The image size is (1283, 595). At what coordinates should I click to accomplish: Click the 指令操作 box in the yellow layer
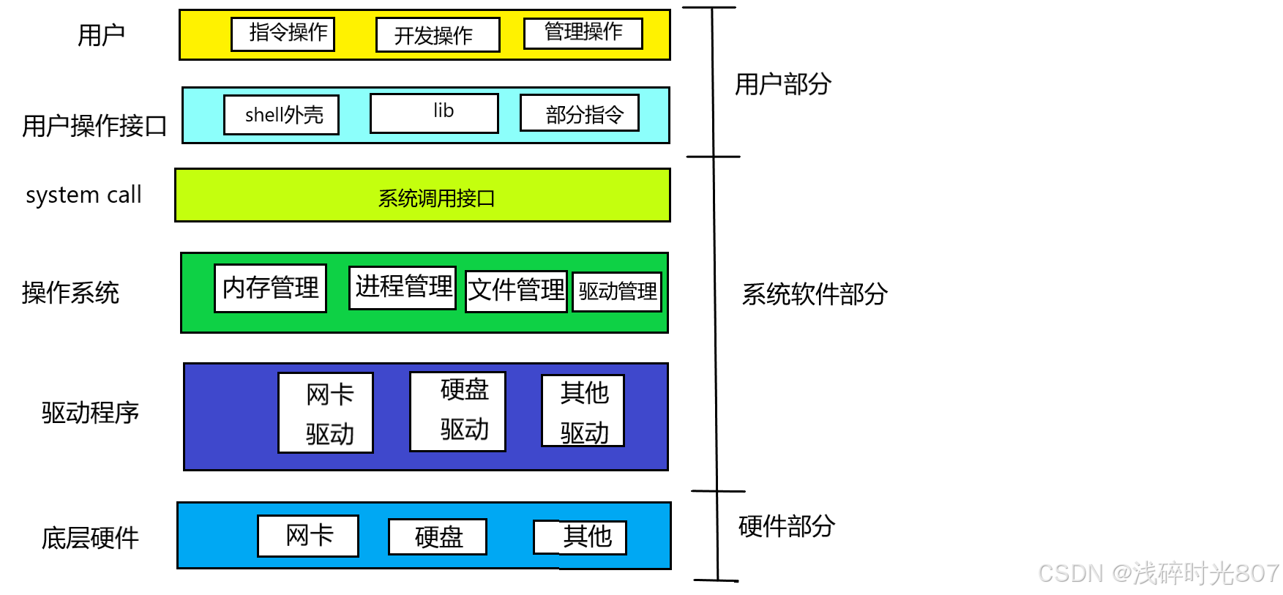283,34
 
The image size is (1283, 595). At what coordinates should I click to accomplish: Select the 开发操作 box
437,35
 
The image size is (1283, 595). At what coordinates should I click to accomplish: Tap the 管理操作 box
583,33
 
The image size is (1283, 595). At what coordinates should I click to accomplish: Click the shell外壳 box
281,115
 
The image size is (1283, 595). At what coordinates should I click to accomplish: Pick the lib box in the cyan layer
434,113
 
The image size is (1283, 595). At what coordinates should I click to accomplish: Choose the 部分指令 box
579,113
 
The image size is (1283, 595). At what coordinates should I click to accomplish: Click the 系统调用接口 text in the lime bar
436,198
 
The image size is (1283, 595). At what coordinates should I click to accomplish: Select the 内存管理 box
270,288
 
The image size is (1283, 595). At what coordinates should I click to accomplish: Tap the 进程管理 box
403,287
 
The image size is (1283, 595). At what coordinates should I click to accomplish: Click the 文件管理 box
516,291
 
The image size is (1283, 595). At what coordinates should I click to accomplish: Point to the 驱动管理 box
617,291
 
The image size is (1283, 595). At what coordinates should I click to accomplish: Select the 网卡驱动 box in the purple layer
326,413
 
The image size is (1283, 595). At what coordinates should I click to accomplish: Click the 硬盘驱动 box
457,411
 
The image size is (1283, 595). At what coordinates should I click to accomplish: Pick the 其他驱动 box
583,411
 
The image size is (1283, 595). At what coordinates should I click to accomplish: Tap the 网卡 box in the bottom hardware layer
308,536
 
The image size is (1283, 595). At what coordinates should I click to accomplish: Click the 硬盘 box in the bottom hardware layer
438,537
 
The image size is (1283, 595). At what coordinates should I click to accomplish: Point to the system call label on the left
83,195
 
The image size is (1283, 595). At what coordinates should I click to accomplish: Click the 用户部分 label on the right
782,84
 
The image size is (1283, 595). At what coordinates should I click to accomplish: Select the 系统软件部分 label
814,294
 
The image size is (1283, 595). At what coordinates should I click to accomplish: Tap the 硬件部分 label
786,526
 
